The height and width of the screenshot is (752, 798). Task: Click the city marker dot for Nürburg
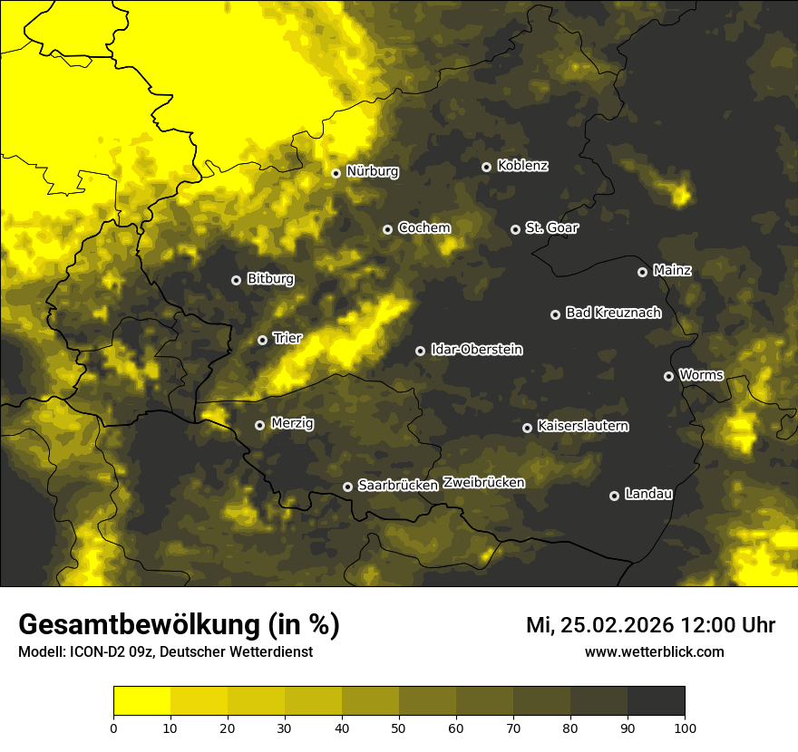336,173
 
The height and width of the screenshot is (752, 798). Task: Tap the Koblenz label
522,166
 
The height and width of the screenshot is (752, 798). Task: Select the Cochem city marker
387,230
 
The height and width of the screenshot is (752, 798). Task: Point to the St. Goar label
551,228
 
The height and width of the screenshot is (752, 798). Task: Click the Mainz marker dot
642,272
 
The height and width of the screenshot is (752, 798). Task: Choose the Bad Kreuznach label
613,313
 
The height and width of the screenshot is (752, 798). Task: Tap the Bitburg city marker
236,281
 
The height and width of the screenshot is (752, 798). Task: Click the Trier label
287,338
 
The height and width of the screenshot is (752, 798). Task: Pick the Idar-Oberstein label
476,350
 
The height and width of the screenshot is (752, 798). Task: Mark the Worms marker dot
668,376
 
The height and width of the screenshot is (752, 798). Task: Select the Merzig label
292,423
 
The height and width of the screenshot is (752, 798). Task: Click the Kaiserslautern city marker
527,428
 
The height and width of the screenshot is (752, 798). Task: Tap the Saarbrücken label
398,486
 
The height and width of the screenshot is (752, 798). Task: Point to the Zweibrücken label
484,483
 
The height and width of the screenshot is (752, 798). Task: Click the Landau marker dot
614,496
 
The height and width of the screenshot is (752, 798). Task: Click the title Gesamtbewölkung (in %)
179,624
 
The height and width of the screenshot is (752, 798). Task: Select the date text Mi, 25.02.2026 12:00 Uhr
650,625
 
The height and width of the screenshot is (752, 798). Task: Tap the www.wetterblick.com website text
654,651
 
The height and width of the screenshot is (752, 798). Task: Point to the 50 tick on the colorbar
399,727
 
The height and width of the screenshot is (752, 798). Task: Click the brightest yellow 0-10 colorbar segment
141,701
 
